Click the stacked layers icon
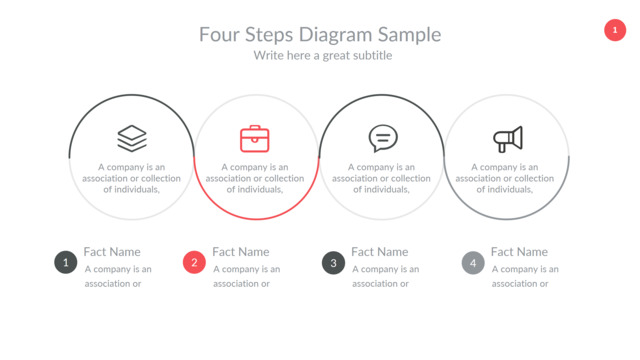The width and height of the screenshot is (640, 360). coord(132,138)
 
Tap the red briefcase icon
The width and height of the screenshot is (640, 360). coord(255,139)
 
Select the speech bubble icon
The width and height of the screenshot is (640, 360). coord(383,138)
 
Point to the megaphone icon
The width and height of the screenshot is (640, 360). coord(508,139)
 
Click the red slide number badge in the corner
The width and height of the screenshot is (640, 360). coord(615,30)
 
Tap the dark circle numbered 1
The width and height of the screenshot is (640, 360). coord(66,262)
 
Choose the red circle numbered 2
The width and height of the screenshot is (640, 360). coord(194,262)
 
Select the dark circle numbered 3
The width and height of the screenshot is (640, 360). coord(333,262)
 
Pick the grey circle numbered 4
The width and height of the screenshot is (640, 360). coord(473,262)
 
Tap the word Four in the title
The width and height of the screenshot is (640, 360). coord(219,34)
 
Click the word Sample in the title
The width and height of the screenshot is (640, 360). coord(409,35)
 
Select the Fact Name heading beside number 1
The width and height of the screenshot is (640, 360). coord(112,252)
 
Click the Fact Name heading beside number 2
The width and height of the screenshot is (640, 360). coord(241,252)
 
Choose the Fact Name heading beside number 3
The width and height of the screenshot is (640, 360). coord(380,252)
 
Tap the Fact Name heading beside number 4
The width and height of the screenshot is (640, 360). coord(519,252)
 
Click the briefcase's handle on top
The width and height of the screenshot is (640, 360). coord(255,127)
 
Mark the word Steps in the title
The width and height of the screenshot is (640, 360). coord(269,35)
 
